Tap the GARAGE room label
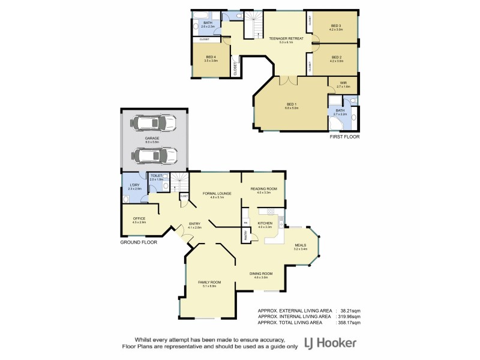click(151, 138)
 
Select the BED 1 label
click(292, 104)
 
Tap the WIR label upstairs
click(343, 83)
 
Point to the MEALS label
click(300, 245)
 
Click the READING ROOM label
click(264, 189)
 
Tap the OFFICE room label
click(139, 218)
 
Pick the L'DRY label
click(134, 185)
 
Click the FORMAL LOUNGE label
click(213, 193)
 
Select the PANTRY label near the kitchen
click(245, 237)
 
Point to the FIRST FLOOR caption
click(344, 137)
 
